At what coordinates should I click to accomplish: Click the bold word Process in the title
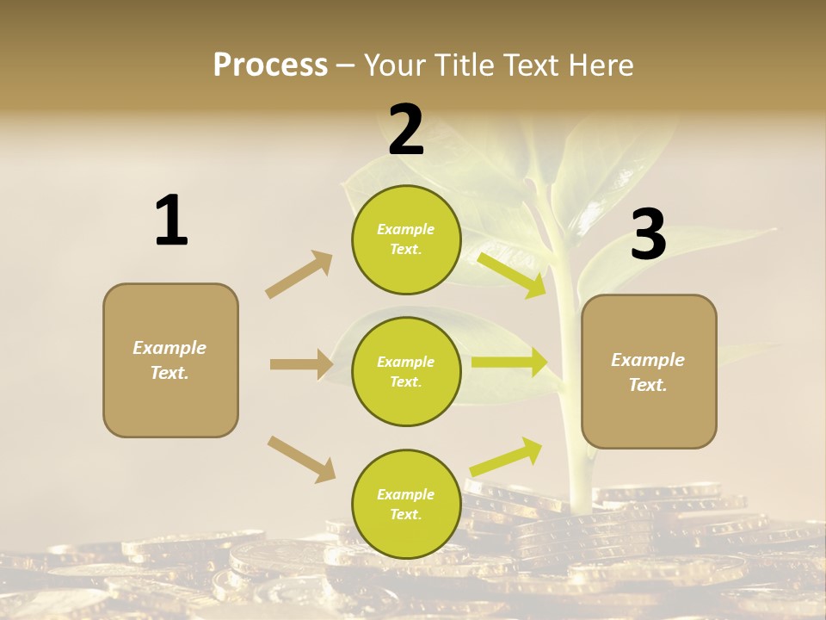pyautogui.click(x=270, y=65)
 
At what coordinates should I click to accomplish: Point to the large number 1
pyautogui.click(x=171, y=220)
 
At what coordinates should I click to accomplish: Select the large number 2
pyautogui.click(x=406, y=130)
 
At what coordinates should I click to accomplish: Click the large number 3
pyautogui.click(x=648, y=235)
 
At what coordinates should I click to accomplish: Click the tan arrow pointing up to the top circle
pyautogui.click(x=299, y=274)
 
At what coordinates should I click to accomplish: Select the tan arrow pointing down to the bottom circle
pyautogui.click(x=301, y=458)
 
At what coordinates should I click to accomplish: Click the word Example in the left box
pyautogui.click(x=170, y=348)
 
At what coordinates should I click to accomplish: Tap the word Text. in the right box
pyautogui.click(x=648, y=385)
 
